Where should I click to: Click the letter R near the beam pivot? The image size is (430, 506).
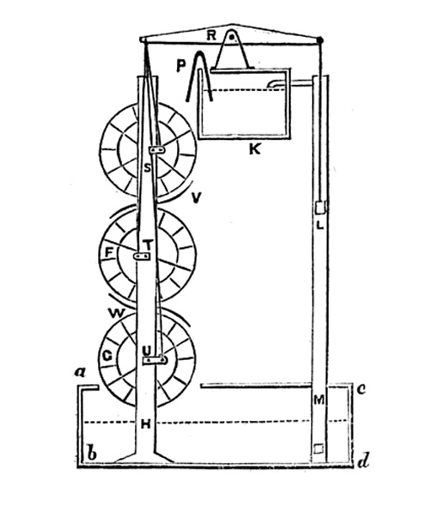coord(212,35)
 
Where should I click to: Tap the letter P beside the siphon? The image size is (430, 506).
coord(181,65)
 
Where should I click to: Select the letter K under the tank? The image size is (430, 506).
coord(255,149)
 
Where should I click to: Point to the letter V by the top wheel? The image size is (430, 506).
coord(196,198)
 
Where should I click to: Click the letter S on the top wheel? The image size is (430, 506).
coord(147,168)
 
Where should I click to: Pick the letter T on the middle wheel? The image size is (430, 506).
coord(147,245)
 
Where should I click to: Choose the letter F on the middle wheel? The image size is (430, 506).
coord(109,253)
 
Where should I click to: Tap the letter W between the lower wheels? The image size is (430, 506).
coord(116,313)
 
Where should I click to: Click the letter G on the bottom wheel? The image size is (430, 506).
coord(107,356)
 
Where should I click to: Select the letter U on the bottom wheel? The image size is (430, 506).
coord(147,351)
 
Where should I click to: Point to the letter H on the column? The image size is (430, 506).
coord(146,424)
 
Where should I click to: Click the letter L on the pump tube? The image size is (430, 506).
coord(320,225)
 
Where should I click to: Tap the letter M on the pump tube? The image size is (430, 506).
coord(319,400)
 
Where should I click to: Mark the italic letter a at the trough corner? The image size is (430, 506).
coord(80,373)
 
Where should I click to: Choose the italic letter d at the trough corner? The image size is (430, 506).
coord(364,461)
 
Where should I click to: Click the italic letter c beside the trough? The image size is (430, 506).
coord(361,389)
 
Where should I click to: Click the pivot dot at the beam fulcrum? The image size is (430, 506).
coord(231,37)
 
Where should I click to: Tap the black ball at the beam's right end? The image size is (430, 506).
coord(320,40)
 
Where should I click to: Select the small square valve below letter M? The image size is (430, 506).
coord(318,449)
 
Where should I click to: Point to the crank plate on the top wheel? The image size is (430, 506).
coord(157,150)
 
